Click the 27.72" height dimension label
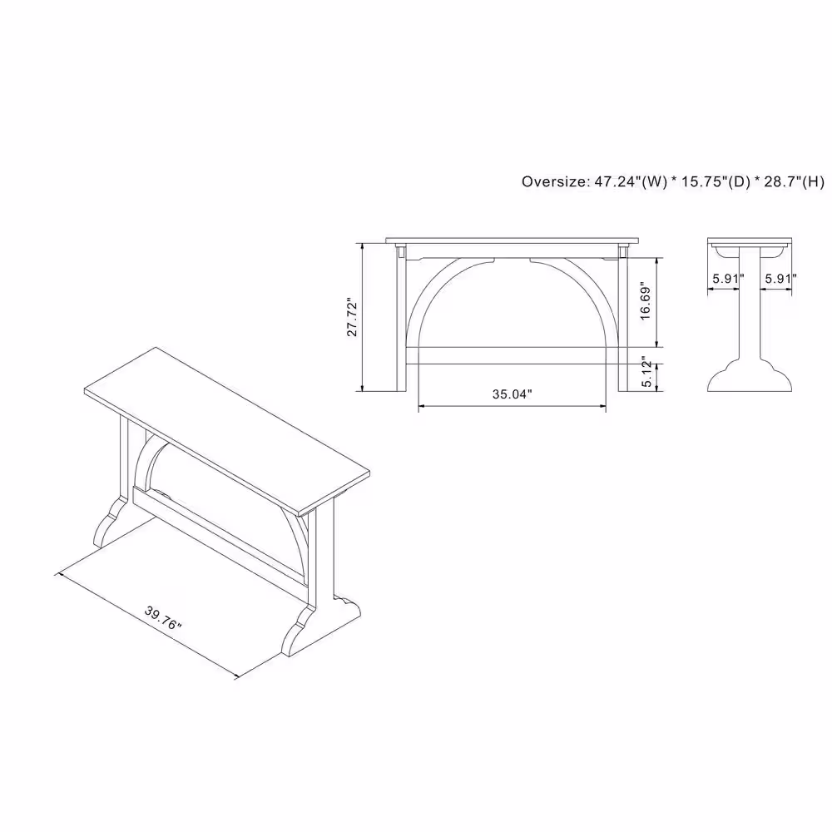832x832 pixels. [x=352, y=317]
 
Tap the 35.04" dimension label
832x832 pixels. [x=512, y=394]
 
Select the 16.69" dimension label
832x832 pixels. [x=646, y=300]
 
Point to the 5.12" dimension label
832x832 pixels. [x=646, y=372]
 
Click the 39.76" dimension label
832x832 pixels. [x=163, y=618]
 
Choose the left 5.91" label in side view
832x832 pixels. [x=728, y=279]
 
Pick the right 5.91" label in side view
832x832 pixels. [x=780, y=279]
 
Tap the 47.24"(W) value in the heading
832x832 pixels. [x=631, y=181]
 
